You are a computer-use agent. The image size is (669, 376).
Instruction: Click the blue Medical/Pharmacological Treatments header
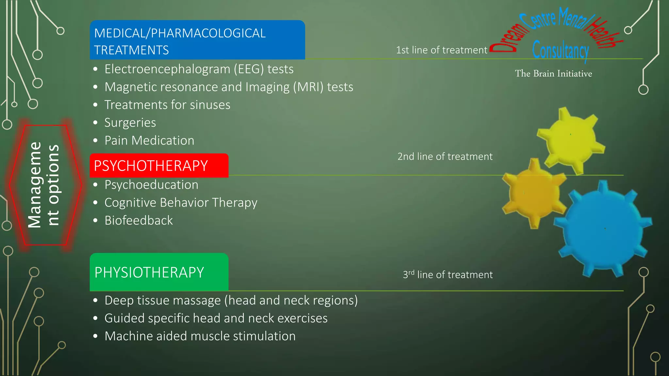point(197,40)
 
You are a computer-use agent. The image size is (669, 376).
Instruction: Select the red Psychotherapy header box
point(159,165)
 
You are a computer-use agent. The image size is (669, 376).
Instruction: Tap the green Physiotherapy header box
point(159,272)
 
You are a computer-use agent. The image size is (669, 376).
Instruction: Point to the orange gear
point(533,193)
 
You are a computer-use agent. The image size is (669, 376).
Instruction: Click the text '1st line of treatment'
point(441,50)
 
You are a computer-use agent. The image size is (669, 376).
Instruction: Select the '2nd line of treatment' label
point(445,157)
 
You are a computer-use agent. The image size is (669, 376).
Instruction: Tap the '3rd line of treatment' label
point(448,275)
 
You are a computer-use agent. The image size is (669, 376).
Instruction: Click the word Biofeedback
point(139,221)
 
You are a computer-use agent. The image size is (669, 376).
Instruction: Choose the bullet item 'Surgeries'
point(130,123)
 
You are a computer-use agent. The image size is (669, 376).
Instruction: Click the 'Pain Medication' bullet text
point(149,141)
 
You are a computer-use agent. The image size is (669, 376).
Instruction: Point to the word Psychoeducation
point(151,185)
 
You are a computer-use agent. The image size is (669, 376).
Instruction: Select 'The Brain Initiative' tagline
point(553,74)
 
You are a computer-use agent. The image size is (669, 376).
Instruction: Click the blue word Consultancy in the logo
point(561,51)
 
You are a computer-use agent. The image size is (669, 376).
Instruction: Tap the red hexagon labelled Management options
point(44,185)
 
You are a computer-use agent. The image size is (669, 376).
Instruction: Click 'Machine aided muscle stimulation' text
point(200,336)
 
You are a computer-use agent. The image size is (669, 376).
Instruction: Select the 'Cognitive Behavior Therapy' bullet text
point(181,203)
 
